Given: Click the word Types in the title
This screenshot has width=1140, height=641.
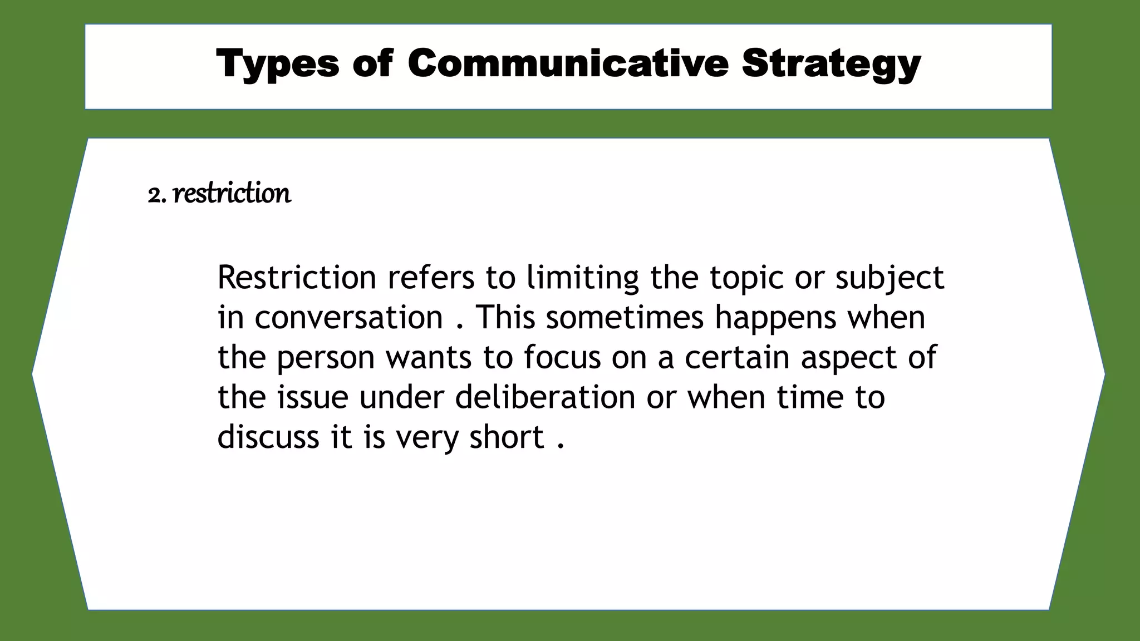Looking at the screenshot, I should (x=277, y=63).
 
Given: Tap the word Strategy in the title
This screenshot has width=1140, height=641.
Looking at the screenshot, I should (x=831, y=63).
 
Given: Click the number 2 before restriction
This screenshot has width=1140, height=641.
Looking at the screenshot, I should (x=155, y=195).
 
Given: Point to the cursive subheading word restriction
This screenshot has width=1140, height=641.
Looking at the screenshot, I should (x=232, y=194).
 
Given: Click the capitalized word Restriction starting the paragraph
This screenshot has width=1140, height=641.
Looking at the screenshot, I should (x=297, y=277).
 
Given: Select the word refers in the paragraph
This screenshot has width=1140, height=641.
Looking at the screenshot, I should (x=431, y=277).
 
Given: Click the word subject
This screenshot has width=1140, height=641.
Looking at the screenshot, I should (x=890, y=278).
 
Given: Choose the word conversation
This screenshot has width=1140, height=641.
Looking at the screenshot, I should (x=348, y=317).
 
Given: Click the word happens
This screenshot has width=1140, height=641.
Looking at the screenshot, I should (x=775, y=318).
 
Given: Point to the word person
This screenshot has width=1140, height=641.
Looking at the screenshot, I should (x=326, y=358).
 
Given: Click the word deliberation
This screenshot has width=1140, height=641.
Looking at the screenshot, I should (x=545, y=397).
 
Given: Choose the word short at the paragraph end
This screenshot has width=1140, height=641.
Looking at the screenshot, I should (x=507, y=437).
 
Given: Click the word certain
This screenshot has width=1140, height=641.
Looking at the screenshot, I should (x=737, y=357).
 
